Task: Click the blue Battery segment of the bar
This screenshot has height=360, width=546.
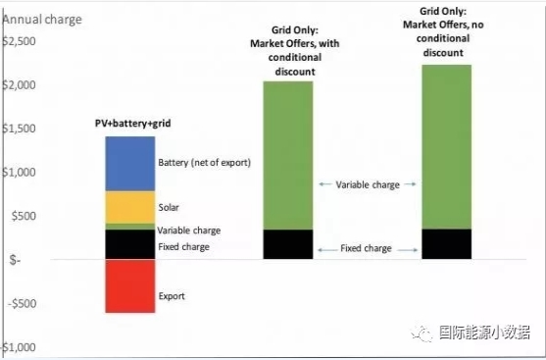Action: (x=130, y=164)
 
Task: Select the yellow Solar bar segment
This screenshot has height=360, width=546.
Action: (x=130, y=207)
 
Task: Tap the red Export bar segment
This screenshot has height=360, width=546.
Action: (x=130, y=286)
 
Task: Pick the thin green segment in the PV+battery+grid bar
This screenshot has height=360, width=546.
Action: (x=130, y=227)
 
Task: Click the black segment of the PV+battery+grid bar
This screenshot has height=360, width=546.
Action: (x=130, y=244)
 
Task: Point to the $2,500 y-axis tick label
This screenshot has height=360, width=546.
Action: (x=19, y=41)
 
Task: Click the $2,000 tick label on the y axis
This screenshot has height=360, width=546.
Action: (x=19, y=84)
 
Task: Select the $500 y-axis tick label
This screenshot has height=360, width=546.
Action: (x=24, y=216)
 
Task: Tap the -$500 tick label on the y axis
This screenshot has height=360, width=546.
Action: (x=22, y=303)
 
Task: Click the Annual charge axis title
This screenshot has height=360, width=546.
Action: (x=42, y=20)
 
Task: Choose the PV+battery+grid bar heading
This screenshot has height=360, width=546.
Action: (x=133, y=124)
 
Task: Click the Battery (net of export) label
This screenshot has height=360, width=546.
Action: (x=205, y=163)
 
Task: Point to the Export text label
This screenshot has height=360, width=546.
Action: (x=172, y=296)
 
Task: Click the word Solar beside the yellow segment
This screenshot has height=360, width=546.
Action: (x=169, y=207)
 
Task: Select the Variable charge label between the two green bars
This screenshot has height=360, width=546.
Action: (x=368, y=184)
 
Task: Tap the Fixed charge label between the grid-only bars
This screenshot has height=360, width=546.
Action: (x=366, y=248)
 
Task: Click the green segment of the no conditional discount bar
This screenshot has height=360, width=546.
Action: (x=447, y=147)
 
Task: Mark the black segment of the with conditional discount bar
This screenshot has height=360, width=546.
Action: (x=288, y=244)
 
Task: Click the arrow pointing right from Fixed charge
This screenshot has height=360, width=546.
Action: (x=408, y=250)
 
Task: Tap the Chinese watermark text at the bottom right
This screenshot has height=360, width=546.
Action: (x=484, y=333)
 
